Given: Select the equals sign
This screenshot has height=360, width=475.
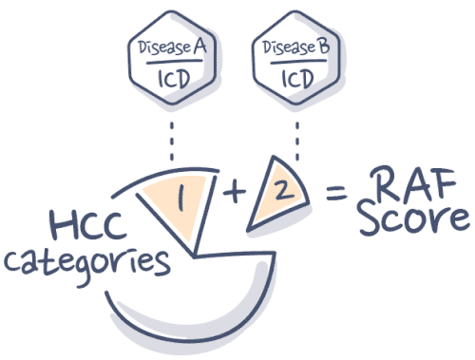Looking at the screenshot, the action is pyautogui.click(x=333, y=197).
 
